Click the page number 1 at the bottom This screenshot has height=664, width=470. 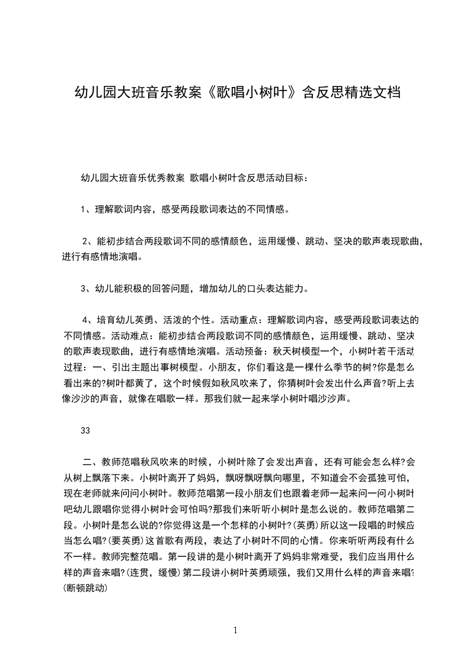click(x=235, y=630)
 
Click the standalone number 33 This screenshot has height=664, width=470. click(x=85, y=431)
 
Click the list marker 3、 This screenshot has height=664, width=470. click(x=87, y=289)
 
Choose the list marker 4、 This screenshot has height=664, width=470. click(x=89, y=320)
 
